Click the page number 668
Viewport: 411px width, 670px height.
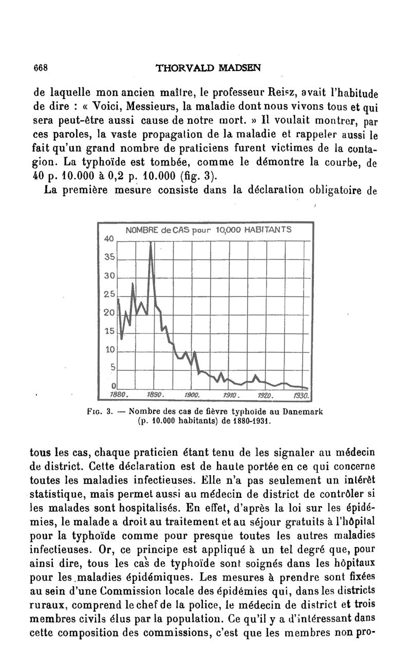click(41, 67)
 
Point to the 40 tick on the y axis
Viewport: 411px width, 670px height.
click(108, 239)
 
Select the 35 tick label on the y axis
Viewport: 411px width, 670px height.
click(108, 257)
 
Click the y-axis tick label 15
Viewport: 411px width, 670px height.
click(108, 331)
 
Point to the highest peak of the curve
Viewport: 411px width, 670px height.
click(151, 243)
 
